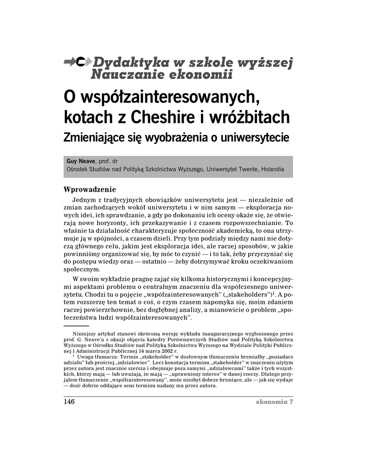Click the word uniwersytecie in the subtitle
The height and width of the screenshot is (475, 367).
coord(255,138)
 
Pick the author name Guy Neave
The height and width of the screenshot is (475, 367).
coord(81,161)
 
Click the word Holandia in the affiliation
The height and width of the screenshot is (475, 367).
coord(273,169)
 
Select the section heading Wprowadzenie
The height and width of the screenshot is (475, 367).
coord(89,189)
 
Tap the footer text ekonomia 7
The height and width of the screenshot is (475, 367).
coord(274,402)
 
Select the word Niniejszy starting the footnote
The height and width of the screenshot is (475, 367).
coord(84,334)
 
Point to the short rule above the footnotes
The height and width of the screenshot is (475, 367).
coord(76,326)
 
